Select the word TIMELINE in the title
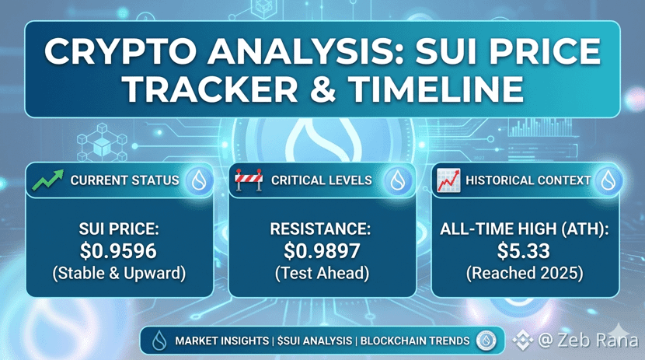[436, 89]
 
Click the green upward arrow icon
[48, 180]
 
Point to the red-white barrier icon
[249, 180]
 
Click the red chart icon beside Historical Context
[448, 180]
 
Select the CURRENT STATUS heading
[124, 180]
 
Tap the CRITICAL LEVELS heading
[321, 180]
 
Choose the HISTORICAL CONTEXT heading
[528, 180]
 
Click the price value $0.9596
[118, 251]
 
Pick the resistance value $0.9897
[322, 251]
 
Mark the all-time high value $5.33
[524, 251]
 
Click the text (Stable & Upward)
[119, 273]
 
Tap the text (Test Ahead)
[322, 273]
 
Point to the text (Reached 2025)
[525, 273]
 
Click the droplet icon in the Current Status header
[199, 180]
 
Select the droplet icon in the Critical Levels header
[398, 180]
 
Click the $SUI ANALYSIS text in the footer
[315, 341]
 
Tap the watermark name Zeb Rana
[598, 340]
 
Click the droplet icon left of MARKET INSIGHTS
[159, 341]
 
